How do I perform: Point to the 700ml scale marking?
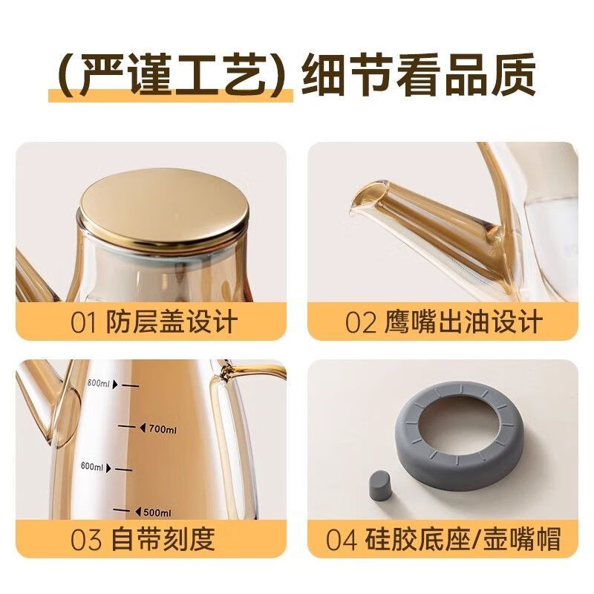(x=162, y=428)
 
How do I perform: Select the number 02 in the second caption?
(x=362, y=323)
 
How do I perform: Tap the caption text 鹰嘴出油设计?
(x=464, y=323)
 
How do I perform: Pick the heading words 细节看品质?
(x=418, y=76)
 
